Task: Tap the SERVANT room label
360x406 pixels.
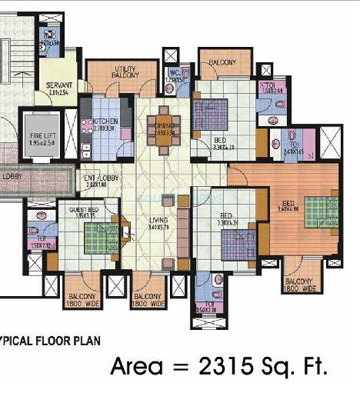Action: (x=58, y=85)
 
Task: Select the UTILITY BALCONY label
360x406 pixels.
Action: (x=125, y=72)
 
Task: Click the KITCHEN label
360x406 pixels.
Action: (x=105, y=121)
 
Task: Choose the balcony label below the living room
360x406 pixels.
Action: (x=149, y=300)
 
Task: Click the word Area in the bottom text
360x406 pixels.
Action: (x=135, y=367)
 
